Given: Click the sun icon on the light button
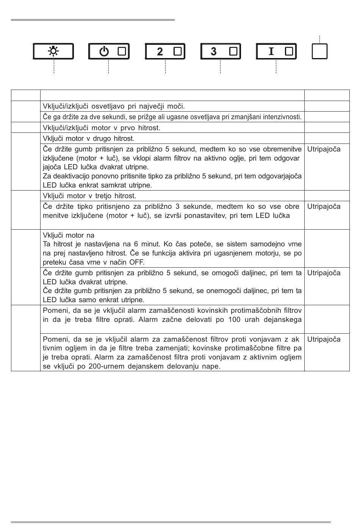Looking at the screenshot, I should [53, 51].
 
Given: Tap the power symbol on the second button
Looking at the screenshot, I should [104, 51].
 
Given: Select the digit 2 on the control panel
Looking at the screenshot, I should [160, 52].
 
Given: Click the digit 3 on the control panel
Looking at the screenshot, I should [214, 51].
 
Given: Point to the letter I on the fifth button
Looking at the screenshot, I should [271, 51].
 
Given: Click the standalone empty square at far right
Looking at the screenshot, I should [319, 51].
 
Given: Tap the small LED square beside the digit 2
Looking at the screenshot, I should [177, 51].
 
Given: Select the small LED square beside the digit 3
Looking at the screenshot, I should [233, 51].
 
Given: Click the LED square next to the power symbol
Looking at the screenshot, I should [122, 51].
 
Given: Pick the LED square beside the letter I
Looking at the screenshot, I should [289, 51].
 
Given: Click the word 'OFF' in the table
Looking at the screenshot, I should [136, 262].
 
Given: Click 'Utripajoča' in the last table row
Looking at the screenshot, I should [324, 339].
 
